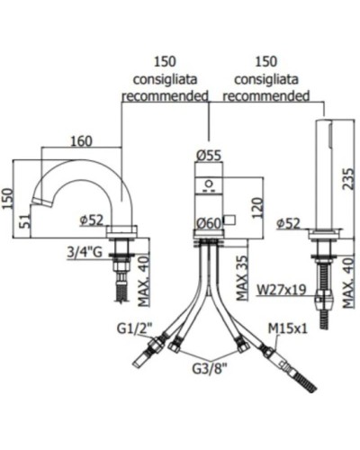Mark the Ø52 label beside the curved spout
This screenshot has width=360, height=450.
(93, 218)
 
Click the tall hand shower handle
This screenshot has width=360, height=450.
(321, 171)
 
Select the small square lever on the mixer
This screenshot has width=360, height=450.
(229, 219)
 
